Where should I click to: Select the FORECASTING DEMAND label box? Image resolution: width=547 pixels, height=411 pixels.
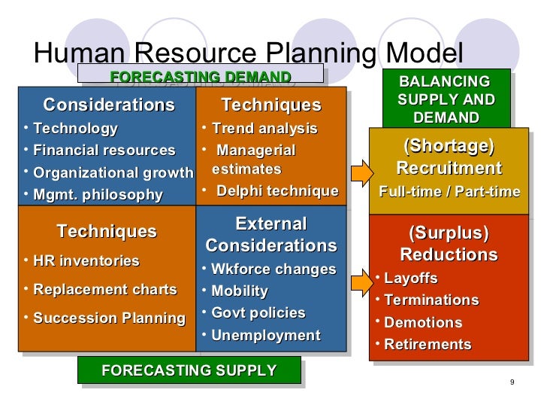201,78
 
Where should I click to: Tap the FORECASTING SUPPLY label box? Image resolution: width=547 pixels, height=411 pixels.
189,370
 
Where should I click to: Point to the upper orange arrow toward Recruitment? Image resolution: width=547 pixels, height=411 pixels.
361,172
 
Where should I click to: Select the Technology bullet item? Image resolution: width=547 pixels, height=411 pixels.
75,129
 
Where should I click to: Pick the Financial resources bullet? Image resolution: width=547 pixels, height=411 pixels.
104,151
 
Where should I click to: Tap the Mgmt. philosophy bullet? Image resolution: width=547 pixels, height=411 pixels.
98,195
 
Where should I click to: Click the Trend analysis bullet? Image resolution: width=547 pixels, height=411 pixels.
264,129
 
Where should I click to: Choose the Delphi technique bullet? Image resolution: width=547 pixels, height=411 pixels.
277,191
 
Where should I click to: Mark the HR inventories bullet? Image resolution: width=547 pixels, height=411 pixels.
86,261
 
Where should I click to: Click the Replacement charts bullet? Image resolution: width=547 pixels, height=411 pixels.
105,290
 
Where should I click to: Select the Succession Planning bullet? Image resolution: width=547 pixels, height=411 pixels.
109,318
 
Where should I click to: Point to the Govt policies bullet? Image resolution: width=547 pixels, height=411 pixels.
258,312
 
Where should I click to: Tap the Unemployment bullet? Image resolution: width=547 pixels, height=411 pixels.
265,336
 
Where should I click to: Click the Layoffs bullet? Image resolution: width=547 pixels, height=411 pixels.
410,279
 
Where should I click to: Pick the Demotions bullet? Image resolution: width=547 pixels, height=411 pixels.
422,323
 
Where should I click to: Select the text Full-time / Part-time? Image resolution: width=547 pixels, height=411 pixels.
449,192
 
